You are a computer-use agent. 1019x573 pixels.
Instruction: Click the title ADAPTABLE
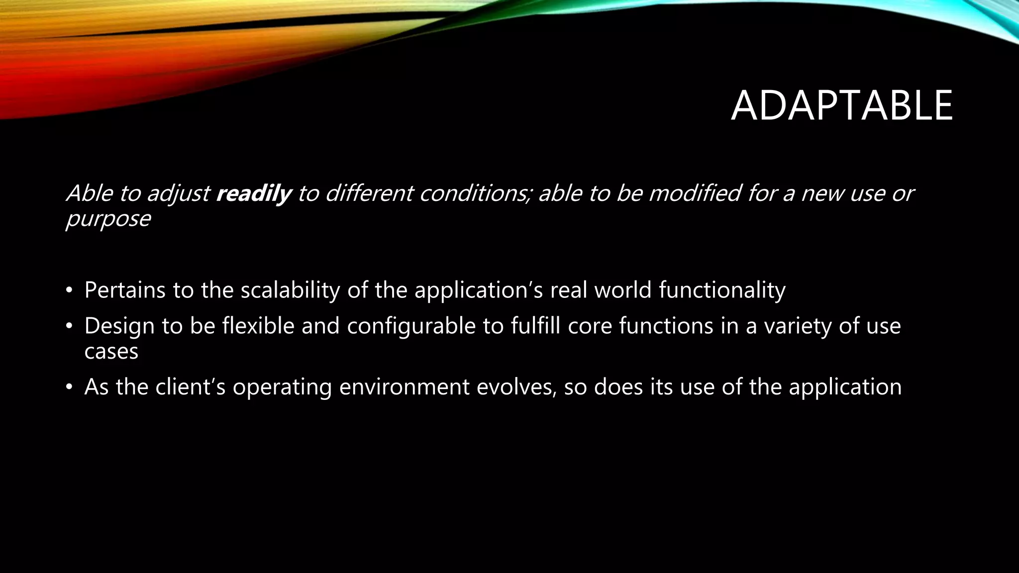click(841, 105)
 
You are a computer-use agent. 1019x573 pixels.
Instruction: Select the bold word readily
click(253, 193)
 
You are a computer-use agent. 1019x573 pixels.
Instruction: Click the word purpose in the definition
click(108, 219)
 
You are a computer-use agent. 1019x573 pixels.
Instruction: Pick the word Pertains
click(124, 290)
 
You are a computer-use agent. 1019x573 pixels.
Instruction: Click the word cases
click(111, 352)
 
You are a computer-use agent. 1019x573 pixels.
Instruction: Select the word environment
click(404, 387)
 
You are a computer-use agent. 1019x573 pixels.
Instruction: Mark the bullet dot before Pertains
click(69, 290)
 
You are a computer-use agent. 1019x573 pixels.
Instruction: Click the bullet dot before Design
click(69, 327)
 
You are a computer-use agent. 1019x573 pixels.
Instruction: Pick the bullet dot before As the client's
click(69, 387)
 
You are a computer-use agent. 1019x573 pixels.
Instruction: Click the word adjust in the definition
click(178, 194)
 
